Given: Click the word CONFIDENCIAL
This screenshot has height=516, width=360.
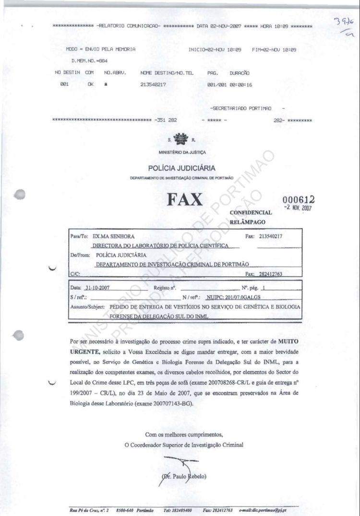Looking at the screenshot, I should pos(251,212).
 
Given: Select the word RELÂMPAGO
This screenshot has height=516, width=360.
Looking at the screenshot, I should pos(248,222).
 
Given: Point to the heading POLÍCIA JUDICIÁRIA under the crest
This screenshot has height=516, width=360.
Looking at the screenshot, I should pos(181,168).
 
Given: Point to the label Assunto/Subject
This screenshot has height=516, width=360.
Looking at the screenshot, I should pos(89,306).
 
